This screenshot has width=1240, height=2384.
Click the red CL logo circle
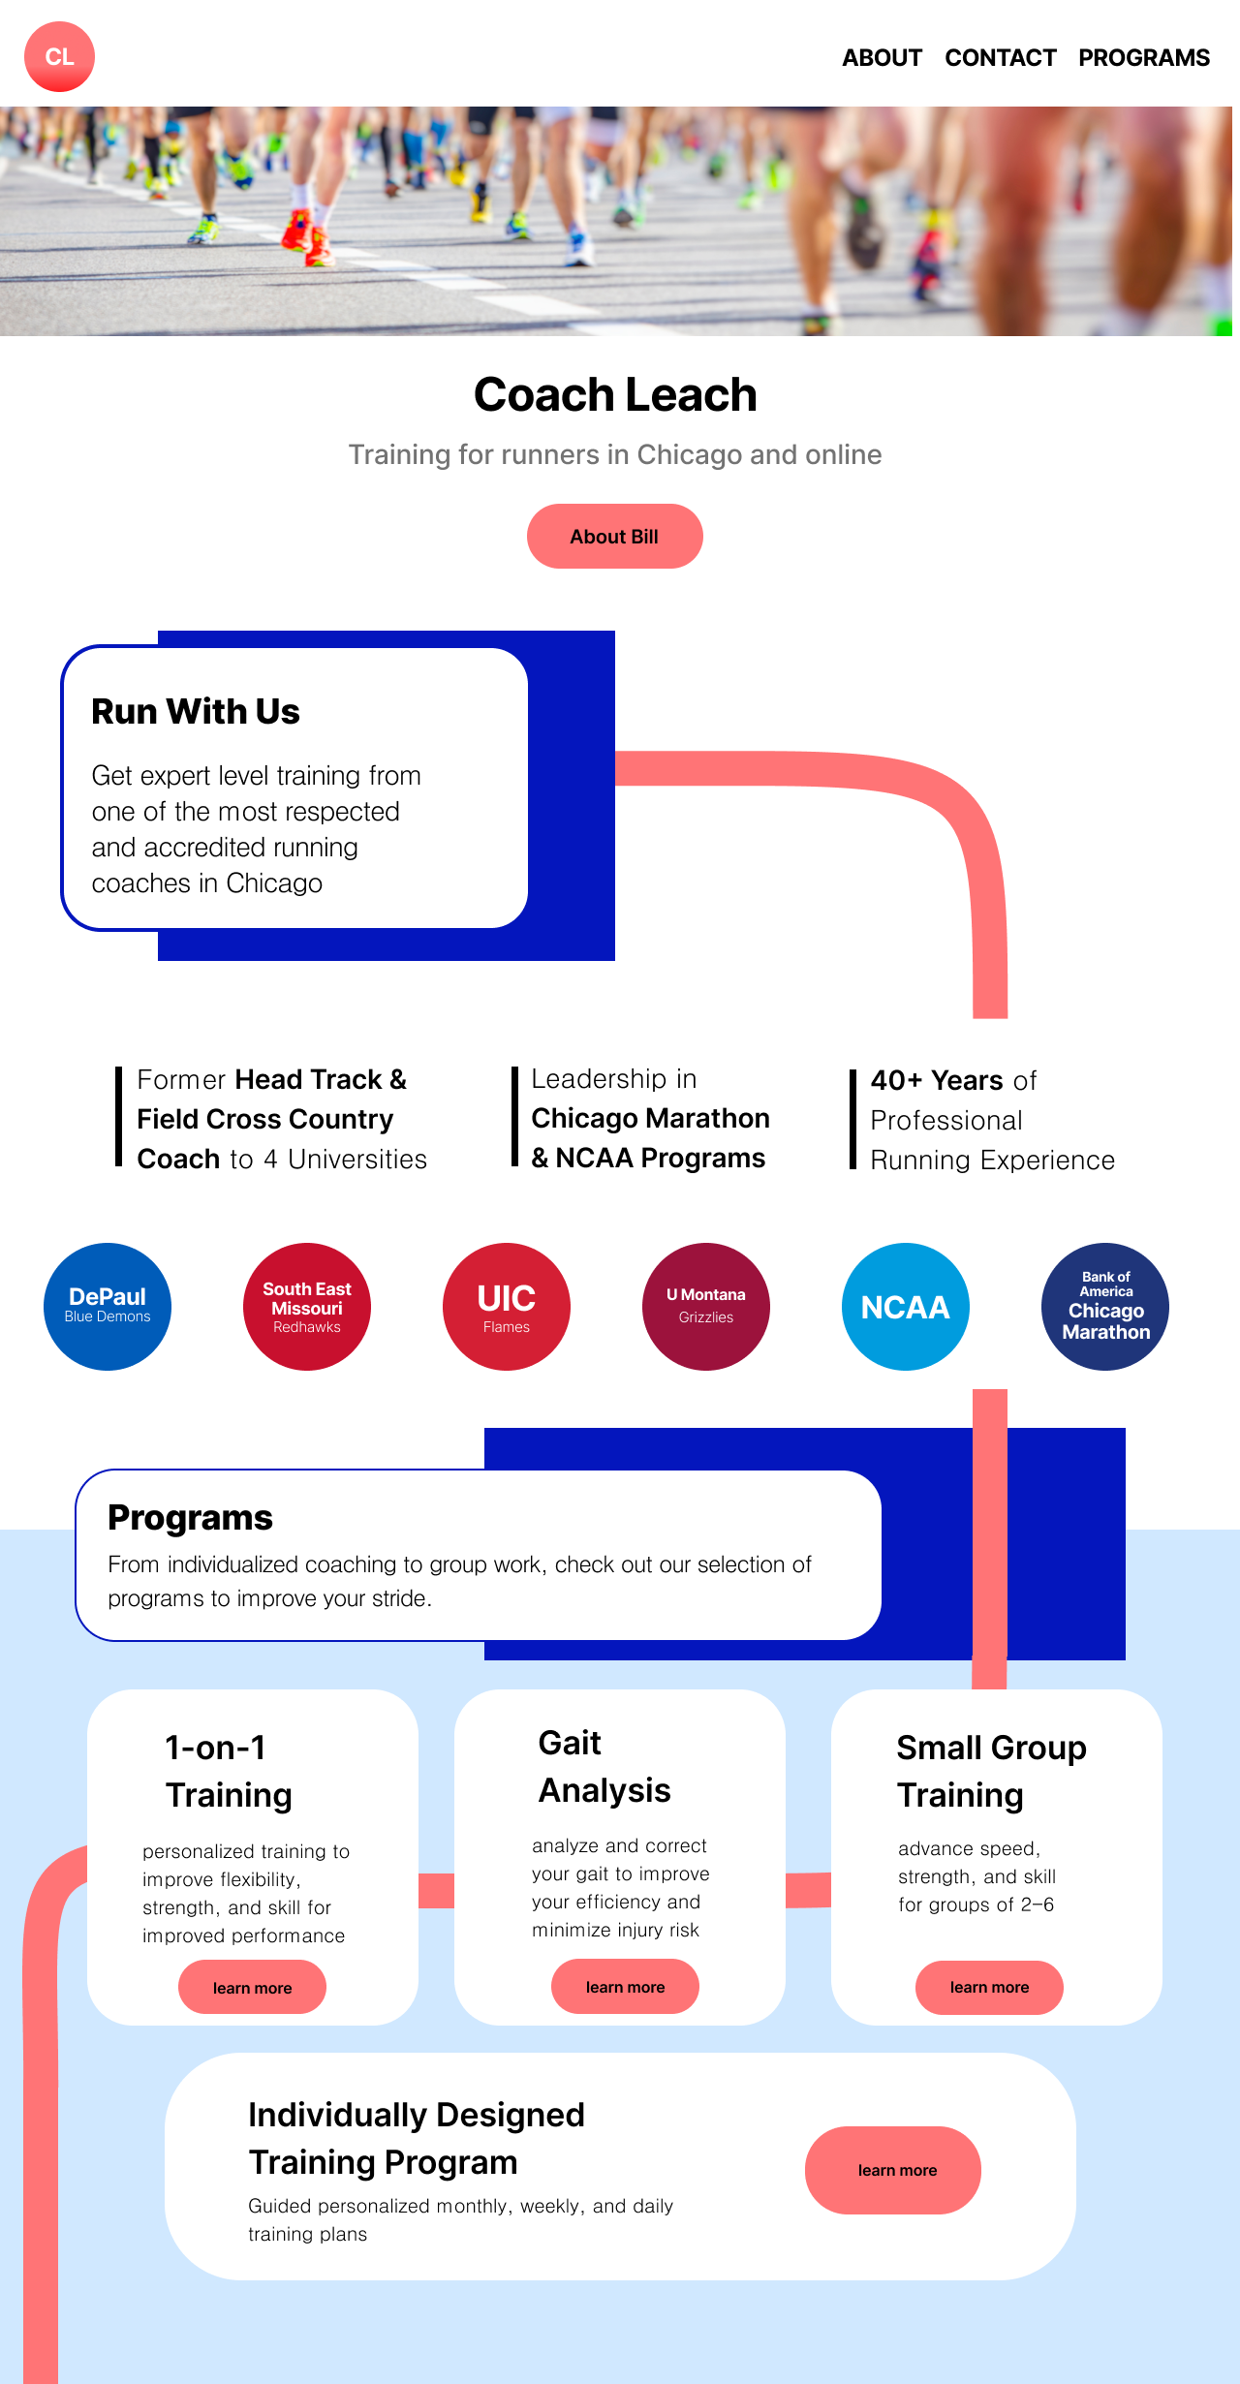[59, 57]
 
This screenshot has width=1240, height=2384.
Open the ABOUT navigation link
[882, 58]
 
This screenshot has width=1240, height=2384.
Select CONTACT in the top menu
[1001, 58]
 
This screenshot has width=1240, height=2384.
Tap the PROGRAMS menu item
[1144, 58]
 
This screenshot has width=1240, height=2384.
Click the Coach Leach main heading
[615, 394]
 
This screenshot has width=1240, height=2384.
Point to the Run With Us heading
[196, 711]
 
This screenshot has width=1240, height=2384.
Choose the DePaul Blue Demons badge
[108, 1307]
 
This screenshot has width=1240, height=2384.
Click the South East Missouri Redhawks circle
[307, 1307]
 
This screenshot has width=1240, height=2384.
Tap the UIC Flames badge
[507, 1307]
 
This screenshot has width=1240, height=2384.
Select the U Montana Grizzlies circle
[706, 1307]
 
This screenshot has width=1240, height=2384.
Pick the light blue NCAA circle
[906, 1307]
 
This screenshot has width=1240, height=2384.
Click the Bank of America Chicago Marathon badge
[1105, 1307]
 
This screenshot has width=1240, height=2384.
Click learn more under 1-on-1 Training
[252, 1987]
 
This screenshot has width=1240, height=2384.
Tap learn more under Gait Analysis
[625, 1986]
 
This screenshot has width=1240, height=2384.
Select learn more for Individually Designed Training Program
[893, 2170]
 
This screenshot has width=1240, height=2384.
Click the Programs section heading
[190, 1518]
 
